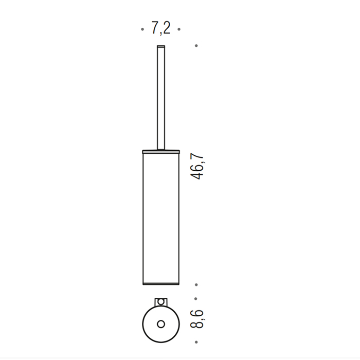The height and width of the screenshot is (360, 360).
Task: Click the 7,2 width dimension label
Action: [160, 29]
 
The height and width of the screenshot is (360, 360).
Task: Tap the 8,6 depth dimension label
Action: [197, 319]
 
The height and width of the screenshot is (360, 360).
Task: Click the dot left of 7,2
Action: [142, 30]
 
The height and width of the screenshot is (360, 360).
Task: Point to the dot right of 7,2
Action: [179, 30]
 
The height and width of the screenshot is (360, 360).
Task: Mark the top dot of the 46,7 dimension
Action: [196, 46]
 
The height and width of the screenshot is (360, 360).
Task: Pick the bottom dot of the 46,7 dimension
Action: [196, 284]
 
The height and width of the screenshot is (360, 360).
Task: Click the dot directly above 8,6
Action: [196, 298]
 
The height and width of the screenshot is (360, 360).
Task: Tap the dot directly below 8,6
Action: [196, 341]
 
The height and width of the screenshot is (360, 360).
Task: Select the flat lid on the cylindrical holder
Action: [160, 151]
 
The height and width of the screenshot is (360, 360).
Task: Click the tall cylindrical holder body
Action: [160, 216]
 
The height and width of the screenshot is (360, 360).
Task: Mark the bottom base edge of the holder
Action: [160, 283]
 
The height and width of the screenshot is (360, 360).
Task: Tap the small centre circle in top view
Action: [160, 324]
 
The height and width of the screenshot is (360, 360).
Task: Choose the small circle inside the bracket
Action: [160, 301]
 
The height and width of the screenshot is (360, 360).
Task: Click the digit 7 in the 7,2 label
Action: [155, 29]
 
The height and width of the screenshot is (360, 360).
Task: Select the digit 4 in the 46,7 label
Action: [197, 174]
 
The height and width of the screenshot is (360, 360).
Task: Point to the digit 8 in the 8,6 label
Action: [197, 327]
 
